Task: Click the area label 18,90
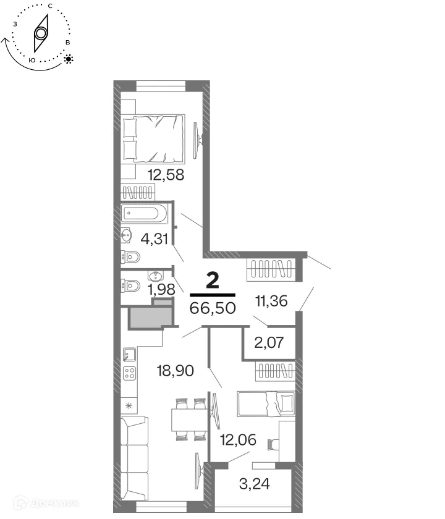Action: click(175, 371)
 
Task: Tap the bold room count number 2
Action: click(212, 281)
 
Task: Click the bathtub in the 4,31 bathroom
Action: click(144, 214)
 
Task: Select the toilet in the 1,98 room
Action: click(131, 285)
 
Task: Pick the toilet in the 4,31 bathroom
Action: click(131, 256)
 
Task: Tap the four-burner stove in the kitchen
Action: click(130, 373)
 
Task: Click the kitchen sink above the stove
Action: click(130, 354)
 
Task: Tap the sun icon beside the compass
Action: click(68, 59)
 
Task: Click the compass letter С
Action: click(49, 5)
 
